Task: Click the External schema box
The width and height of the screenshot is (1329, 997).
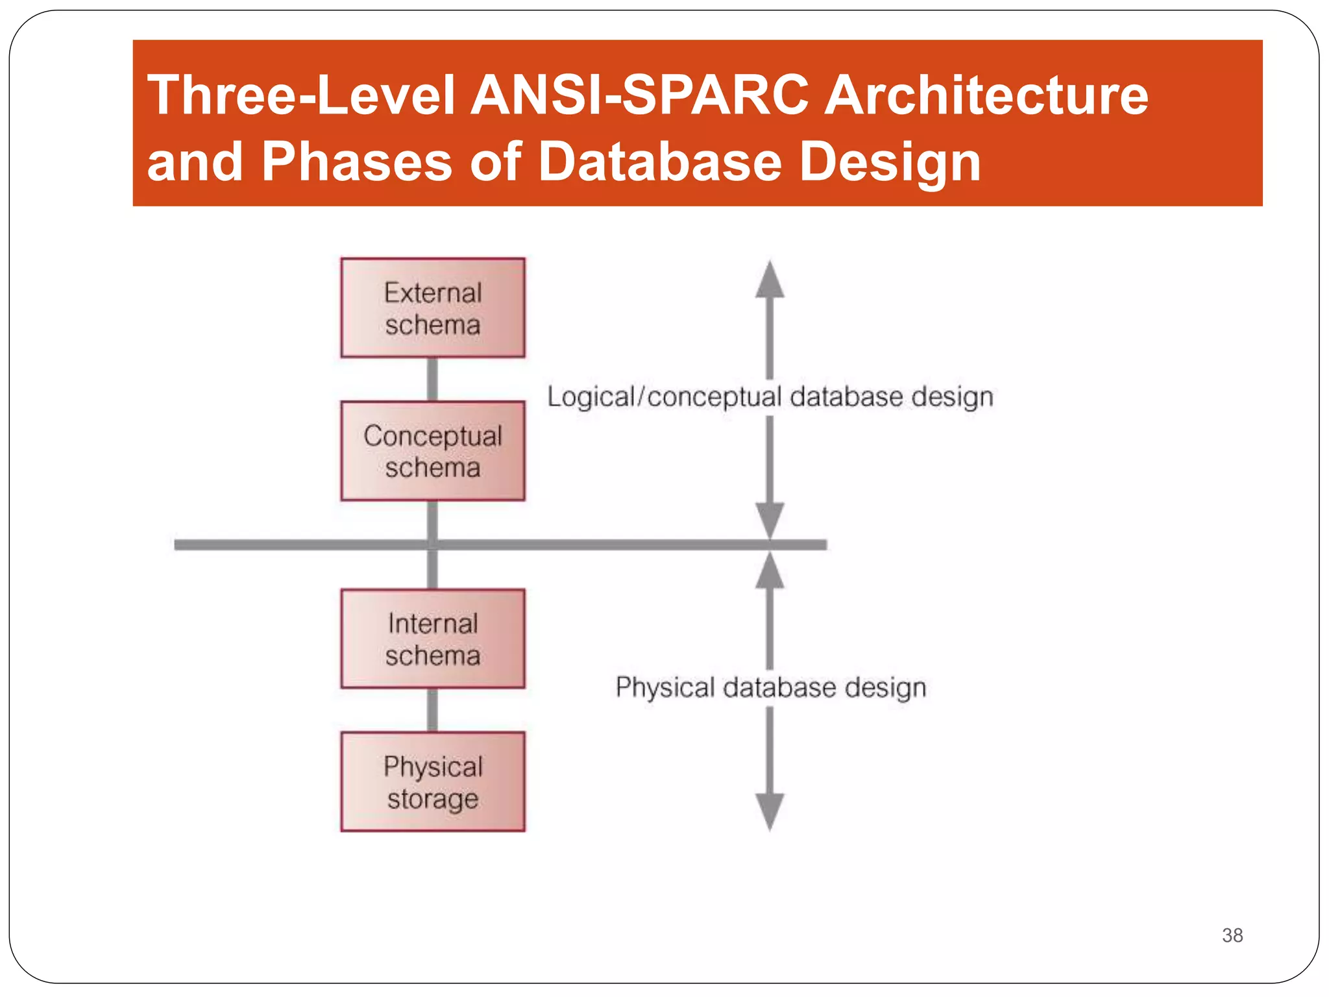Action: pyautogui.click(x=433, y=308)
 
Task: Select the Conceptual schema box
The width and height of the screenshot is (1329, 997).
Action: pyautogui.click(x=433, y=451)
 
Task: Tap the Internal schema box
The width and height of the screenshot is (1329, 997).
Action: pyautogui.click(x=433, y=639)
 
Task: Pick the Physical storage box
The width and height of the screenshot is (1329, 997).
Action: pyautogui.click(x=433, y=782)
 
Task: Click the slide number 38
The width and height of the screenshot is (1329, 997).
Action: pyautogui.click(x=1232, y=935)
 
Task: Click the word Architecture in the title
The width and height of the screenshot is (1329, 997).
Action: pyautogui.click(x=986, y=95)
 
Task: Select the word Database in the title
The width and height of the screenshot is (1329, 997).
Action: pyautogui.click(x=660, y=162)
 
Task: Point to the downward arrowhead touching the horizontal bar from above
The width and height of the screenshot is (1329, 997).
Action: pyautogui.click(x=770, y=521)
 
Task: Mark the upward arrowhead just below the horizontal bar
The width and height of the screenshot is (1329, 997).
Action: pyautogui.click(x=770, y=570)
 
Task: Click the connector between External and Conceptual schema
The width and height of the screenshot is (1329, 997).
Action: pyautogui.click(x=432, y=380)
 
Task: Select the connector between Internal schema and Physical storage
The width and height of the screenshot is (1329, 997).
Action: pyautogui.click(x=432, y=710)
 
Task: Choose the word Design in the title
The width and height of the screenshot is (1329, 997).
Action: pyautogui.click(x=890, y=162)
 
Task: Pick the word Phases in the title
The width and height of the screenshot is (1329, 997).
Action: pyautogui.click(x=356, y=162)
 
